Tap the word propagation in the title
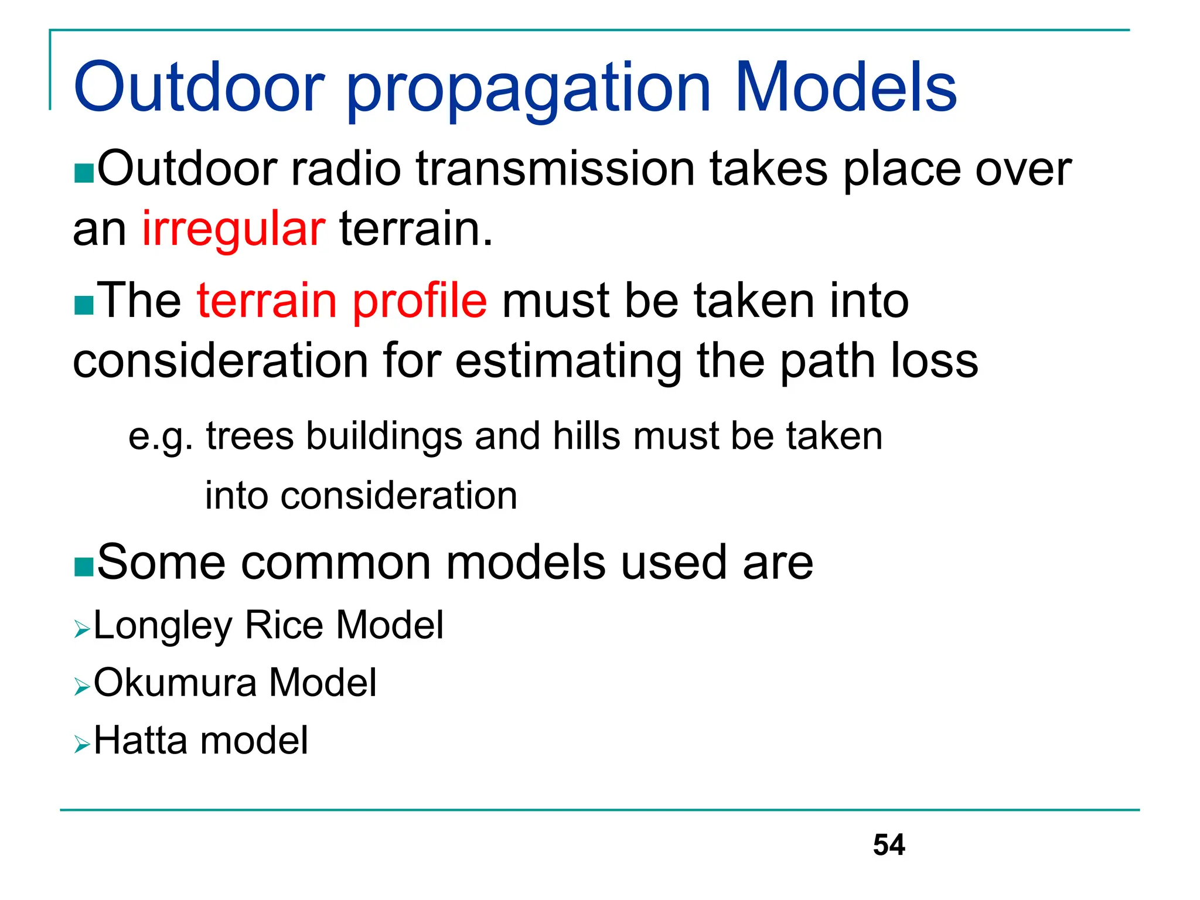(529, 91)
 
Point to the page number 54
(888, 845)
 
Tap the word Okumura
(175, 683)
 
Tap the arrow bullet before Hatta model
(82, 744)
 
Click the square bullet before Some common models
(84, 567)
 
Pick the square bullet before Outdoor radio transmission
(84, 173)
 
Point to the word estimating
(568, 362)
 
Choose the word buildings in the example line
(384, 437)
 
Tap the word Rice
(284, 625)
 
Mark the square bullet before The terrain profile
(84, 305)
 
